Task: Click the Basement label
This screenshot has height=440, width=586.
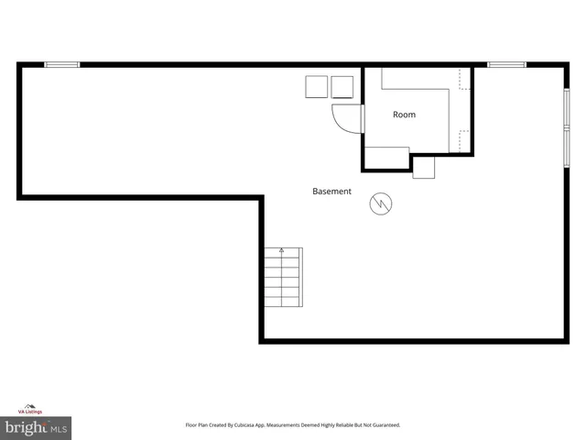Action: click(331, 192)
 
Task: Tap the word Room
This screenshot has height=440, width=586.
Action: click(404, 115)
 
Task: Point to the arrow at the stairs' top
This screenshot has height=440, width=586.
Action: click(282, 250)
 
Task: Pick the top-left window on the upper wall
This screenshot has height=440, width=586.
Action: click(62, 64)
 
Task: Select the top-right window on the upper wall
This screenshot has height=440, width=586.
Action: click(506, 64)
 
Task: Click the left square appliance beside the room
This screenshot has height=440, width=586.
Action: click(317, 87)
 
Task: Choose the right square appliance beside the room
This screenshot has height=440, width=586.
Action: click(342, 87)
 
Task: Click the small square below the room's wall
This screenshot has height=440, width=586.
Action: click(424, 167)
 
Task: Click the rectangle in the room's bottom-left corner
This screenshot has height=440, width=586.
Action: click(386, 157)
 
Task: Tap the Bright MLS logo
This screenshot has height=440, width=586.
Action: click(36, 426)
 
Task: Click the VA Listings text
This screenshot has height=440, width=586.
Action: click(30, 412)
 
